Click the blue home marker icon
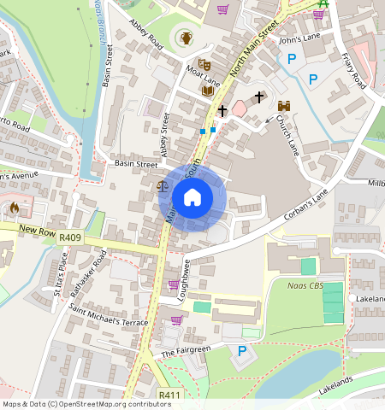[192, 197]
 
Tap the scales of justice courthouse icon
[163, 184]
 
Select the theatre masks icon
[204, 64]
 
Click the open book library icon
[207, 90]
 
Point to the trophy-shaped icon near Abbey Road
[186, 38]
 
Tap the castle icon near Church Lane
[284, 104]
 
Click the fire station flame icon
[14, 208]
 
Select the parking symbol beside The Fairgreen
[242, 351]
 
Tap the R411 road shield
[169, 395]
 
